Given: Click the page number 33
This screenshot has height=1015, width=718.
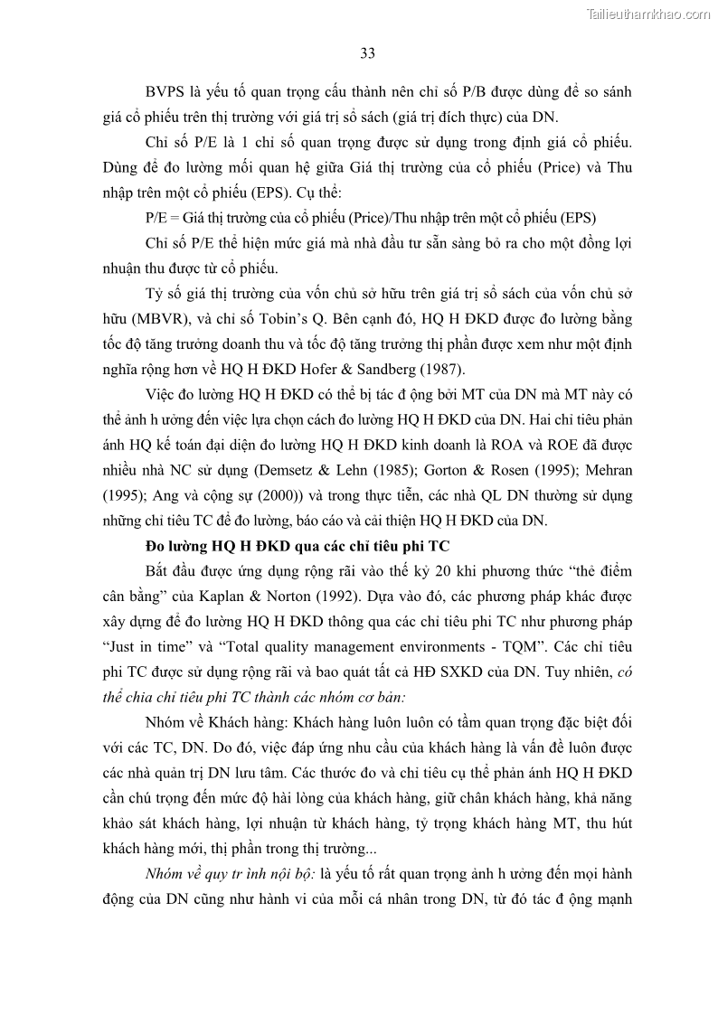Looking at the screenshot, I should click(368, 53).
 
